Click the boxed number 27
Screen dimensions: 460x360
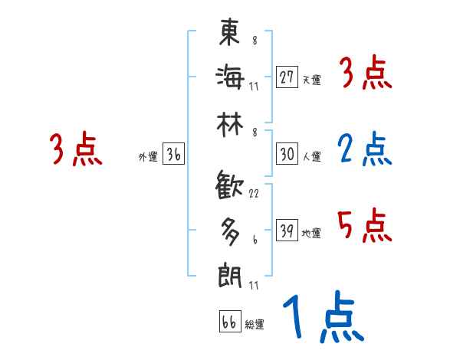tap(287, 77)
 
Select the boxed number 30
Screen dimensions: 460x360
tap(287, 154)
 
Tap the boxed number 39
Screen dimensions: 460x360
tap(287, 231)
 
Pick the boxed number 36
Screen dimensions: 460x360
tap(173, 154)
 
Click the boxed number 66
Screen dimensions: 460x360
tap(229, 322)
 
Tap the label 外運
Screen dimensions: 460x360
tap(147, 157)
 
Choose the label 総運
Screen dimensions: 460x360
tap(255, 325)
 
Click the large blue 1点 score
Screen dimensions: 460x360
tap(322, 318)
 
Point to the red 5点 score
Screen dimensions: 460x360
tap(365, 225)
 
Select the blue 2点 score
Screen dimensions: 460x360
tap(365, 149)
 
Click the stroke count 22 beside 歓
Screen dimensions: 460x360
tap(254, 194)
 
